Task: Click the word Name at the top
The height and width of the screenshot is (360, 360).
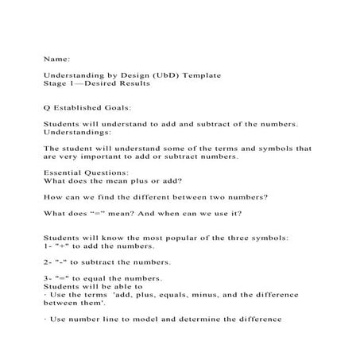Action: tap(56, 59)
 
